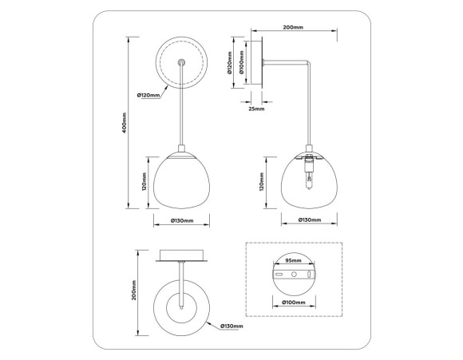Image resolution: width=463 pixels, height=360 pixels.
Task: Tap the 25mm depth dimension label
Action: pos(255,109)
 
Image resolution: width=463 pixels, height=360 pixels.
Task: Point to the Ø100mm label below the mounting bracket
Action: pos(294,303)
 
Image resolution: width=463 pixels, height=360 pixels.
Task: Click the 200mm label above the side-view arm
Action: pos(292,27)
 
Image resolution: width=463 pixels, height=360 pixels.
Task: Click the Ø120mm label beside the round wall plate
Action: pos(150,95)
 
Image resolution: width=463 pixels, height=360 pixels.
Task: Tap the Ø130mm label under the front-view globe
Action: pos(182,220)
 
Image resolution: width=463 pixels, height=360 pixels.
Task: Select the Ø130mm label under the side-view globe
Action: pos(310,220)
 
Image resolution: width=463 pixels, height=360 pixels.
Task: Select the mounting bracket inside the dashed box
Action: pos(295,275)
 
